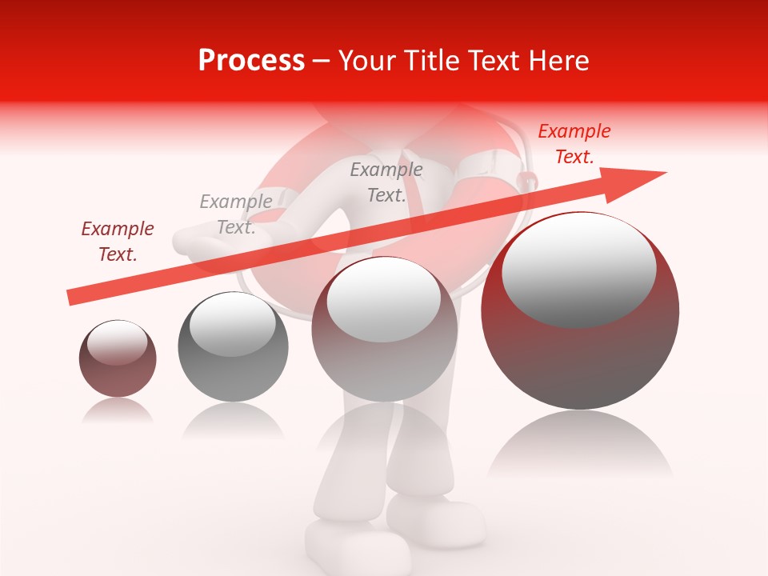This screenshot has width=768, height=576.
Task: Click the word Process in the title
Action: pyautogui.click(x=251, y=61)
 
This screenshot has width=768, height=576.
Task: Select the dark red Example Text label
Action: pyautogui.click(x=118, y=242)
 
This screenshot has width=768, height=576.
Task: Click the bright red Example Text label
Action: pyautogui.click(x=574, y=144)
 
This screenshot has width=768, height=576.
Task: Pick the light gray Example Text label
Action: pyautogui.click(x=235, y=214)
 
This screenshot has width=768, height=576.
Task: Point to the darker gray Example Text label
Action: pyautogui.click(x=386, y=182)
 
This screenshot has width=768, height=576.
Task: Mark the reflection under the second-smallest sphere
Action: pyautogui.click(x=233, y=419)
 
